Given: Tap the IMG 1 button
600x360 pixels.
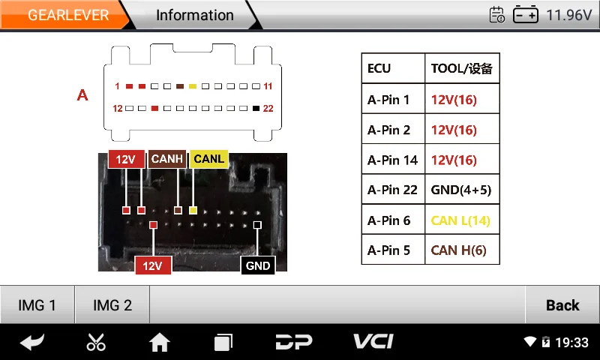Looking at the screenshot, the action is pyautogui.click(x=37, y=304).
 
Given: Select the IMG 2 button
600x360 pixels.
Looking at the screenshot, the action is pyautogui.click(x=112, y=304).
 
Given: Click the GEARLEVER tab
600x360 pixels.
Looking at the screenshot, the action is pyautogui.click(x=67, y=15).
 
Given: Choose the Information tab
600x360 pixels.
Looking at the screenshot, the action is pyautogui.click(x=194, y=15).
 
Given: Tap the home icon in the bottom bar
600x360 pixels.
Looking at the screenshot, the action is pyautogui.click(x=159, y=343).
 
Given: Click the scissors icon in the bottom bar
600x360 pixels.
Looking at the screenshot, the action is pyautogui.click(x=96, y=343).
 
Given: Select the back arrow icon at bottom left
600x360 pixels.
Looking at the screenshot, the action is pyautogui.click(x=32, y=343).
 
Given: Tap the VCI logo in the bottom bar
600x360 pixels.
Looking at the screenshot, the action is pyautogui.click(x=373, y=342).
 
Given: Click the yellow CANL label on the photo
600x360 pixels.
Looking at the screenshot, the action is pyautogui.click(x=208, y=159).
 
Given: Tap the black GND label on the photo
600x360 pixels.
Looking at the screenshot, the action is pyautogui.click(x=258, y=265).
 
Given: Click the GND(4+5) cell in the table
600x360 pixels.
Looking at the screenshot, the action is pyautogui.click(x=461, y=190).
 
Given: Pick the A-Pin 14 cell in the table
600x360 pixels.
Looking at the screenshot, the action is pyautogui.click(x=392, y=160).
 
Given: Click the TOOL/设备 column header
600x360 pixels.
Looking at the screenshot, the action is pyautogui.click(x=461, y=69).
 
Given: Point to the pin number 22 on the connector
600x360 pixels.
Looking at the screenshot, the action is pyautogui.click(x=268, y=108).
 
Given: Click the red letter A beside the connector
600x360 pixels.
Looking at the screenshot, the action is pyautogui.click(x=82, y=95).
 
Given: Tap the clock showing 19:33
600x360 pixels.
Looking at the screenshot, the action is pyautogui.click(x=571, y=343).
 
